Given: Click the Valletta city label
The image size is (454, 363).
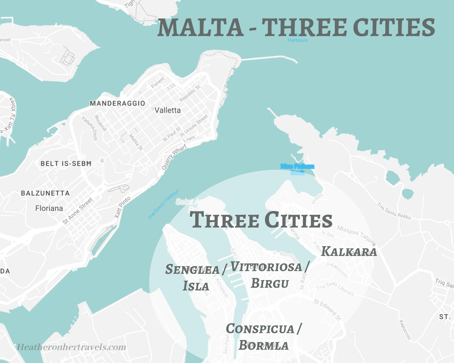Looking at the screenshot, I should (x=167, y=110).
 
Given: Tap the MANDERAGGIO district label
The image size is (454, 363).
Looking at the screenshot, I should (x=117, y=103).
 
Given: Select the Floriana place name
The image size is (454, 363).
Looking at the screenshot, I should (x=49, y=208).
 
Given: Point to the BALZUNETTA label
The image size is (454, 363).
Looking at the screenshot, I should (x=45, y=193).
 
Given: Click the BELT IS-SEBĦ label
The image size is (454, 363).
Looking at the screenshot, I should (x=66, y=164).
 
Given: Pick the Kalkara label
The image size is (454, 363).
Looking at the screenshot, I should (x=349, y=252).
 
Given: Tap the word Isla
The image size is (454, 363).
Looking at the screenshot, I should (x=196, y=286).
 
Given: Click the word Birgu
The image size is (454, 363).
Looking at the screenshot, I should (x=270, y=283).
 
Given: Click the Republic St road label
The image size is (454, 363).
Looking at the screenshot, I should (x=190, y=93).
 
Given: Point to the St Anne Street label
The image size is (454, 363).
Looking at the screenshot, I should (x=78, y=211).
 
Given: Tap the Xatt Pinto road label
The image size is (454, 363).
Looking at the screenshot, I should (x=122, y=207).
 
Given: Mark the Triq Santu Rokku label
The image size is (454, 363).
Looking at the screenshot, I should (x=394, y=211).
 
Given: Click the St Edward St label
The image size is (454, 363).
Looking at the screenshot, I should (x=327, y=309).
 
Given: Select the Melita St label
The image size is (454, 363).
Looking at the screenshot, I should (x=136, y=142).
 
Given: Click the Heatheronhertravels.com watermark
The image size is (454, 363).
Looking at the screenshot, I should (x=71, y=347).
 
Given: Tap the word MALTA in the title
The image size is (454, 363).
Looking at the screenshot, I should (x=201, y=28).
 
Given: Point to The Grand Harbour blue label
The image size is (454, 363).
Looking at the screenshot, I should (x=163, y=204).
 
